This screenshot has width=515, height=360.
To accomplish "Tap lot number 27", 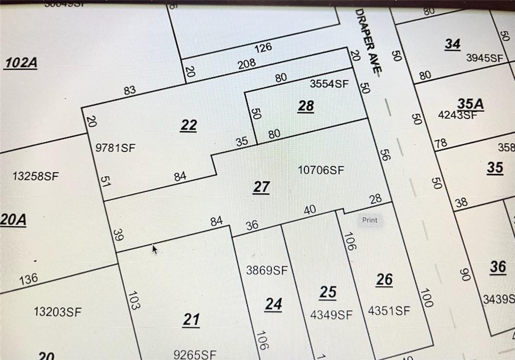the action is point(261,187).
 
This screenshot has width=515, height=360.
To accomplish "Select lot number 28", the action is point(306,106).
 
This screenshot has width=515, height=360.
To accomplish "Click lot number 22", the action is point(188,125).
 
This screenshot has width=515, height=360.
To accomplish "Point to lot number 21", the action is point(191,320).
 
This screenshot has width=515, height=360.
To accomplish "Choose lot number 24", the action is point(274,304).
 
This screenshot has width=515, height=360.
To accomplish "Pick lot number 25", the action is point(328,292).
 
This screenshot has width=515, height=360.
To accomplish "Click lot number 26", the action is point(384,279).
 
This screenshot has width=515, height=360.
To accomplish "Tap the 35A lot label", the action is point(470,103).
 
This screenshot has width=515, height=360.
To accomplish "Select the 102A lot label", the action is point(21,63).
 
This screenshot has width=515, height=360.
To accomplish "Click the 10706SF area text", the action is point(321,170).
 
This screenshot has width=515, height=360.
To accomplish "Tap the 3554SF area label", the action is point(329,84).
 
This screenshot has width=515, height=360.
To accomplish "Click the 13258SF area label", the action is point(35,176).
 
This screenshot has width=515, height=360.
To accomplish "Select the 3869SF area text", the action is point(267,270).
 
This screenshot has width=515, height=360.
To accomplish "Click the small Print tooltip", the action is point(369,220).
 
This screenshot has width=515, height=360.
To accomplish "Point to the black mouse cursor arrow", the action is point(155,249).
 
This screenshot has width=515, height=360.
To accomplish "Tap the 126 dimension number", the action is point(263,48).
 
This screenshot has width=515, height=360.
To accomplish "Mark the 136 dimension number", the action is point(28,280).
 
